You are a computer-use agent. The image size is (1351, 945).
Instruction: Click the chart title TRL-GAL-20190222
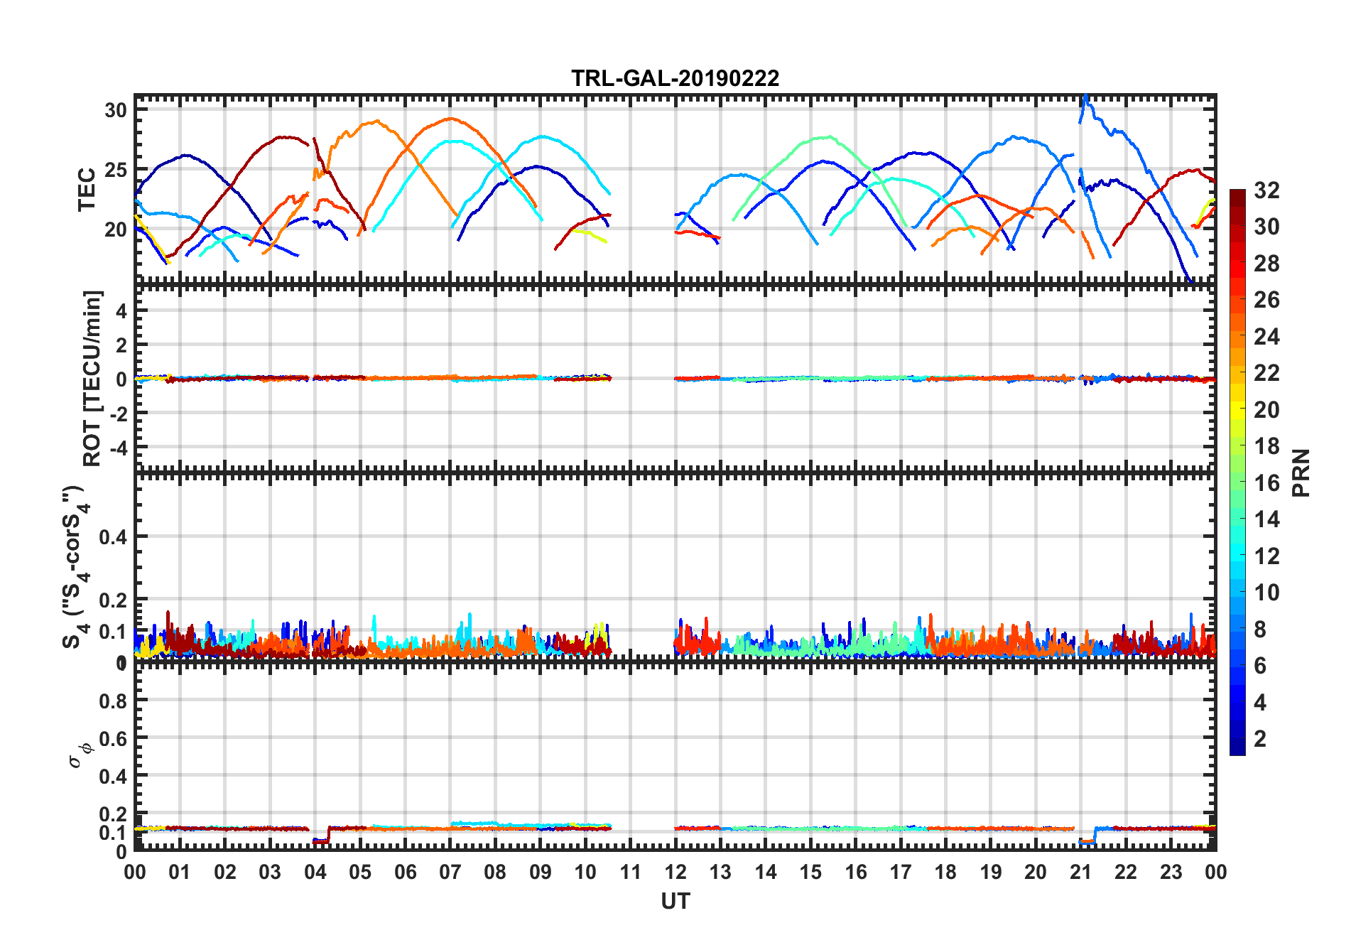tap(675, 77)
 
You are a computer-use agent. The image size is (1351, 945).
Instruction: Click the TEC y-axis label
tap(87, 190)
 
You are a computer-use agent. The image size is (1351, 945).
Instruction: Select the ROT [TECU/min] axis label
tap(92, 378)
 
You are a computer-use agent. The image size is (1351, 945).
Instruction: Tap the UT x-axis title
tap(675, 902)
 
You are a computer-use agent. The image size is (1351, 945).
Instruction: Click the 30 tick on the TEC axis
tap(116, 110)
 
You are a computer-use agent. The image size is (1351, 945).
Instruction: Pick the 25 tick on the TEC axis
tap(116, 170)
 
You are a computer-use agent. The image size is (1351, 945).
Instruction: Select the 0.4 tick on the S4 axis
tap(112, 537)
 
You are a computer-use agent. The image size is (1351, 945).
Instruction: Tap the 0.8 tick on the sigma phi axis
tap(112, 701)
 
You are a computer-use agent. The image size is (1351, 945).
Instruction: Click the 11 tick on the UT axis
tap(630, 873)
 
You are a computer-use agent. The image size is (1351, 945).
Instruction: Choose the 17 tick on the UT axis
tap(901, 873)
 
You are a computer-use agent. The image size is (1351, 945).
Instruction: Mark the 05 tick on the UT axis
tap(360, 873)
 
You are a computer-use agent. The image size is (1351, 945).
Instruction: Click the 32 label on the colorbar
tap(1266, 190)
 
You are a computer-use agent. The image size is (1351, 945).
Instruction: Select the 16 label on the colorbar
tap(1266, 483)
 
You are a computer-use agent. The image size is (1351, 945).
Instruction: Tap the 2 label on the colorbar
tap(1260, 739)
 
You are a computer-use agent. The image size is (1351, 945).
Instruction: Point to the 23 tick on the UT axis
tap(1171, 873)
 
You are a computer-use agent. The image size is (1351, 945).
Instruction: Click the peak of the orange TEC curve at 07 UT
tap(450, 119)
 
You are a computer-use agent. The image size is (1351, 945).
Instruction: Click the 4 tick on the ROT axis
tap(120, 310)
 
